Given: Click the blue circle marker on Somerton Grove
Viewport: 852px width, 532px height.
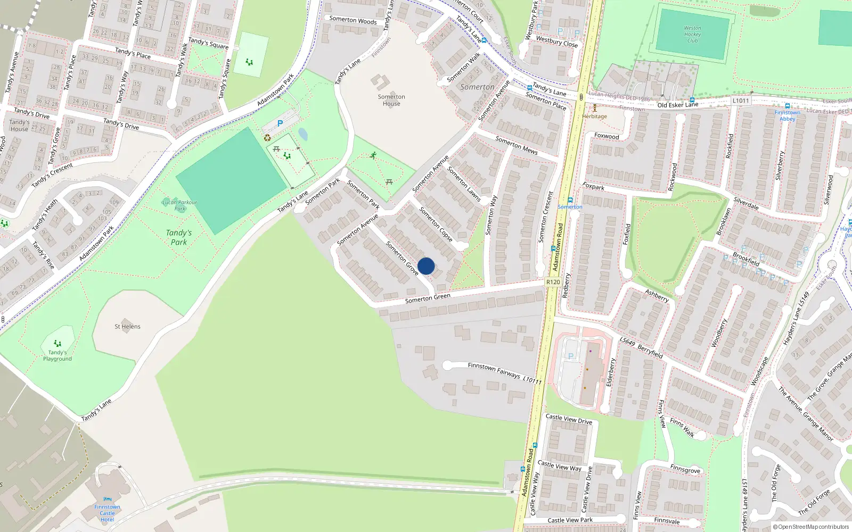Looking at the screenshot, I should (426, 266).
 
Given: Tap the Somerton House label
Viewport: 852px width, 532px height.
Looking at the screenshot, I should (391, 100).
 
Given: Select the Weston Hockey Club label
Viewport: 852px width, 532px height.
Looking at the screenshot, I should (692, 34).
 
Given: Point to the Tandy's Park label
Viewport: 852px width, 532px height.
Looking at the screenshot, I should (179, 237).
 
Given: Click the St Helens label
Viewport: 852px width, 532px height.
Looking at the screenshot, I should (128, 327).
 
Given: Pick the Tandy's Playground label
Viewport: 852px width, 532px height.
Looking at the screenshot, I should (58, 355).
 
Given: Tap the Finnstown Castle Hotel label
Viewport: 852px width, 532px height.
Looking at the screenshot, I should (107, 513).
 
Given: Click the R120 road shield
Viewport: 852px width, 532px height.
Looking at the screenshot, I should (553, 282).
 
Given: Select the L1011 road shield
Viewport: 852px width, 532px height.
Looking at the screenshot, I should (740, 101).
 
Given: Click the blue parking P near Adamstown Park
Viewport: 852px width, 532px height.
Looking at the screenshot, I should (280, 123).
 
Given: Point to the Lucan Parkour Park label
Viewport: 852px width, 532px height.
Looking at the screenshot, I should (179, 205).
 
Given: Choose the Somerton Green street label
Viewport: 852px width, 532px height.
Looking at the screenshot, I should (428, 298).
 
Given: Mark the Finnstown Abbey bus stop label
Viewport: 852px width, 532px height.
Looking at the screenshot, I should (787, 115).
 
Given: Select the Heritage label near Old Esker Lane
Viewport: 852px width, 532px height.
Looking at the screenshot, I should (594, 116).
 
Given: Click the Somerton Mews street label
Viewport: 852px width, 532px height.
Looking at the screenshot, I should (517, 145).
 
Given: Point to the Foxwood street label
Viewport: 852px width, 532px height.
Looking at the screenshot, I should (607, 136).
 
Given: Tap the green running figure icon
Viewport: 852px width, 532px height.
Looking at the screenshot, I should (373, 155).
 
